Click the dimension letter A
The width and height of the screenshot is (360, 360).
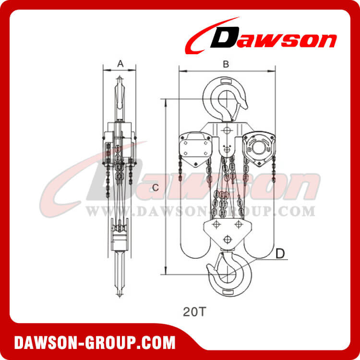pyautogui.click(x=120, y=63)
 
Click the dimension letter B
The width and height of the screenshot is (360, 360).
pyautogui.click(x=226, y=64)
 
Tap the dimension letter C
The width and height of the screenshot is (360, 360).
pyautogui.click(x=156, y=188)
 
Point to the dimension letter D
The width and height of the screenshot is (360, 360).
pyautogui.click(x=280, y=253)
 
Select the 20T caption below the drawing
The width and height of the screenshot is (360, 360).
pyautogui.click(x=193, y=312)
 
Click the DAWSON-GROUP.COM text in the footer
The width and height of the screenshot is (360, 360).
pyautogui.click(x=95, y=343)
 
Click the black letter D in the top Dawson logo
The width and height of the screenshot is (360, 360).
pyautogui.click(x=225, y=37)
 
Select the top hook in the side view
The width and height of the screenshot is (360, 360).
pyautogui.click(x=120, y=98)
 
